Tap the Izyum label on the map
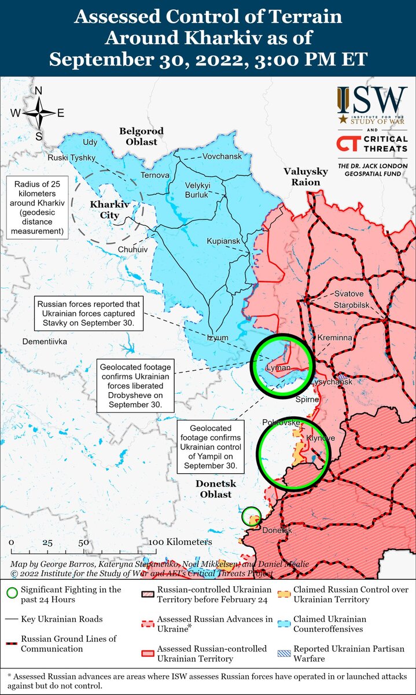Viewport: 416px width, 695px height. point(218,338)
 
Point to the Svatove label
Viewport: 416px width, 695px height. point(349,294)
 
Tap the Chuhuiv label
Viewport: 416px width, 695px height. point(133,249)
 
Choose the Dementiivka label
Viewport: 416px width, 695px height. point(45,342)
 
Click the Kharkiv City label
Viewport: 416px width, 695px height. point(109,210)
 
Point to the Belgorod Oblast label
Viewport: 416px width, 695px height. point(142,136)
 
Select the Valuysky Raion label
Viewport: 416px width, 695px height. point(302,176)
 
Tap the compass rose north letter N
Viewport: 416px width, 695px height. point(39,91)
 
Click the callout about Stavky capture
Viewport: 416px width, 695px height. point(89,313)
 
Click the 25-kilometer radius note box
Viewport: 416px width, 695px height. point(36,206)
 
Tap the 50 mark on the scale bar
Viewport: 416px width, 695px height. point(84,543)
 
